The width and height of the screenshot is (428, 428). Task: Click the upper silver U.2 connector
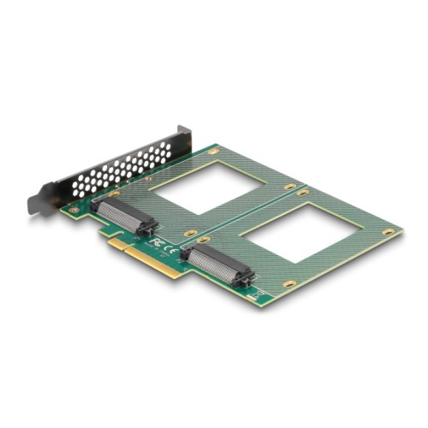(122, 216)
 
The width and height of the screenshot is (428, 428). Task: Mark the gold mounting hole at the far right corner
(389, 231)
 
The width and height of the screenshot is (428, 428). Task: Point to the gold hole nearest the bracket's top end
(213, 151)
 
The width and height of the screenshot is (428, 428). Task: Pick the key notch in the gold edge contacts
(128, 248)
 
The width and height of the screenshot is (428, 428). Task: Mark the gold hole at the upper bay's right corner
(291, 186)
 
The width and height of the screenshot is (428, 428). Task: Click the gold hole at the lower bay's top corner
(303, 193)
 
